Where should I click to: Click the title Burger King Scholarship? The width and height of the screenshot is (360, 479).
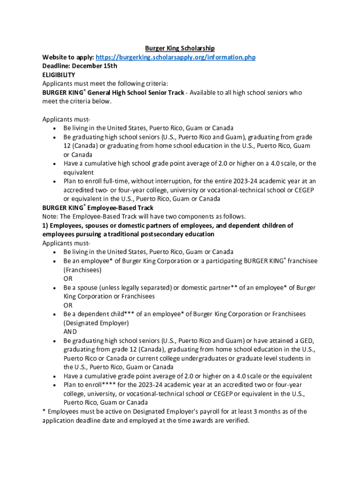click(180, 48)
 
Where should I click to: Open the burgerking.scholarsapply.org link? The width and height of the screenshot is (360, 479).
click(175, 57)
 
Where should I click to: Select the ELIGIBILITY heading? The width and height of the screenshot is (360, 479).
click(58, 75)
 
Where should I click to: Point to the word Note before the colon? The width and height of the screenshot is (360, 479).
click(50, 217)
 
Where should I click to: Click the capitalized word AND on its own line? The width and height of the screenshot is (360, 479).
click(71, 332)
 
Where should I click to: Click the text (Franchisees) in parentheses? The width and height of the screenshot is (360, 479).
click(83, 270)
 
